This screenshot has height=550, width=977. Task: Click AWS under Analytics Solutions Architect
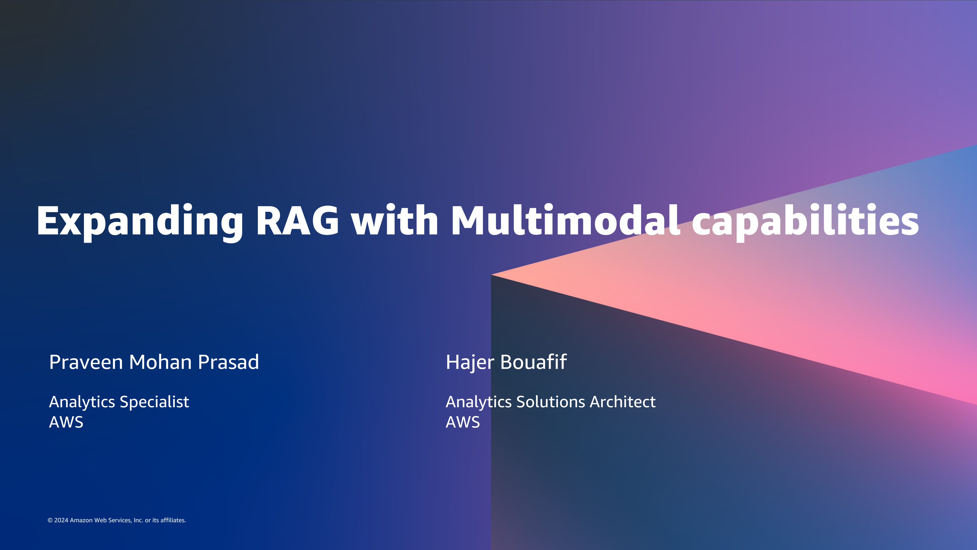[x=463, y=422]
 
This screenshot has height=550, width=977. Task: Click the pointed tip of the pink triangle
[x=492, y=274]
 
